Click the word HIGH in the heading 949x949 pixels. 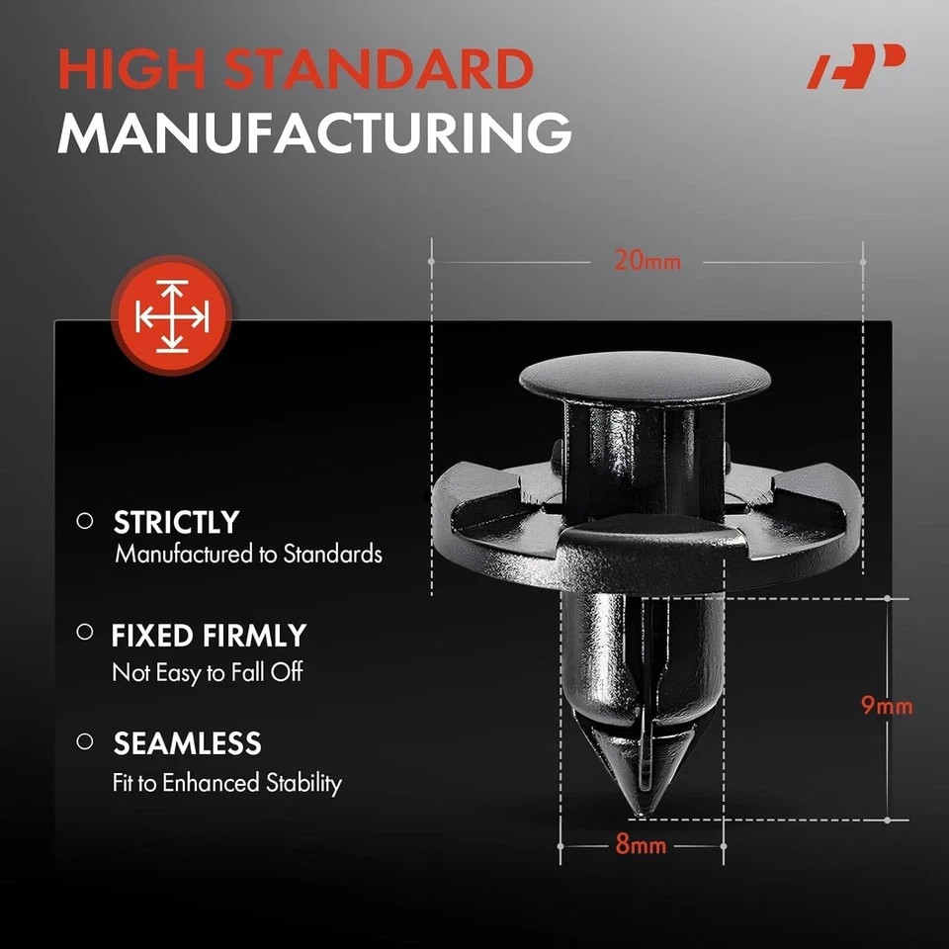131,68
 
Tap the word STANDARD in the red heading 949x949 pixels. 379,68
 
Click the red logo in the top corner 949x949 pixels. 856,66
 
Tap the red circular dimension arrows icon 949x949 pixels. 172,315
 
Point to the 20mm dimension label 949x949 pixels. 647,261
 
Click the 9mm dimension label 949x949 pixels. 887,705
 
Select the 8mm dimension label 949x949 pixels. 641,843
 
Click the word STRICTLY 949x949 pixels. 176,522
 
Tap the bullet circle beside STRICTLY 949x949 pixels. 85,521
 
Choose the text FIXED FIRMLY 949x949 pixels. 209,636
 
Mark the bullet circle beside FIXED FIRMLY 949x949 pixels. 85,632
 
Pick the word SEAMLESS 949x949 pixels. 187,743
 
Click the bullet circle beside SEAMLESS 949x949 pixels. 85,740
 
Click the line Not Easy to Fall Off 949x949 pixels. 207,672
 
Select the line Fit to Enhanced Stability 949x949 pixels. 227,783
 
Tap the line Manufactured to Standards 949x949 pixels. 248,554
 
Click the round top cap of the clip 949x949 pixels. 645,378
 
